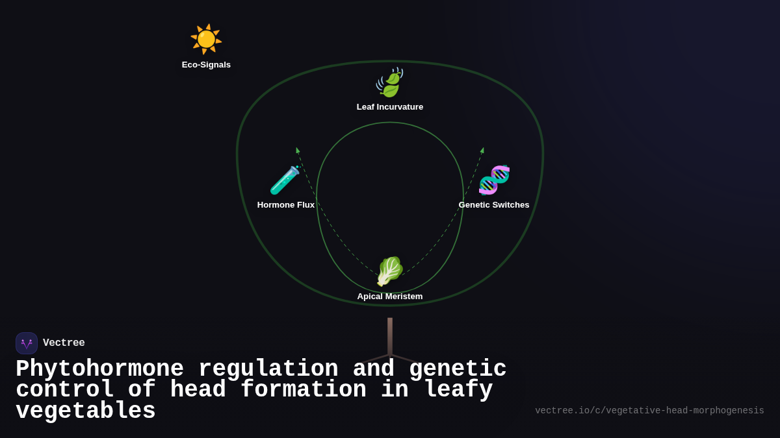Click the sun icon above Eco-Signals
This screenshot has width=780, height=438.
(x=206, y=39)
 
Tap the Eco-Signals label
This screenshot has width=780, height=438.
(x=206, y=65)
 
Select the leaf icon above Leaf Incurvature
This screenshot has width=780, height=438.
(x=389, y=83)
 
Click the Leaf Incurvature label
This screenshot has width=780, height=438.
(x=390, y=107)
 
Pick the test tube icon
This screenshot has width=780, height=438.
(x=285, y=180)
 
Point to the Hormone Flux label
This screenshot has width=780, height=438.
(x=286, y=205)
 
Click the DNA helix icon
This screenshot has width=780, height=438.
(x=494, y=180)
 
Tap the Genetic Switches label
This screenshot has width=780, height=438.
(x=494, y=205)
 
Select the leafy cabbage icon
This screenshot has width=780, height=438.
(x=389, y=271)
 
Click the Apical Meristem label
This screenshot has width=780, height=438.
(x=390, y=297)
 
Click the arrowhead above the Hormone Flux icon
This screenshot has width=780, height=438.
(x=298, y=151)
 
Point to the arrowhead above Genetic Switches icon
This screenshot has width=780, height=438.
(x=482, y=151)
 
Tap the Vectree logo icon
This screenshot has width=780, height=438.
(x=27, y=343)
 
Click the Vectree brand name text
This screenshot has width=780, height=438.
(x=64, y=343)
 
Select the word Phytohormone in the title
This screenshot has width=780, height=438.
(x=99, y=369)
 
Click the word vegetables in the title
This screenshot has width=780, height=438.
(x=86, y=411)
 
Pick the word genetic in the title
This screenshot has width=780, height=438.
(x=458, y=369)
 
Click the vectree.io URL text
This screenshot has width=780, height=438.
(x=649, y=411)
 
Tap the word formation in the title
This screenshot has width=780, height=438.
(x=304, y=390)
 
